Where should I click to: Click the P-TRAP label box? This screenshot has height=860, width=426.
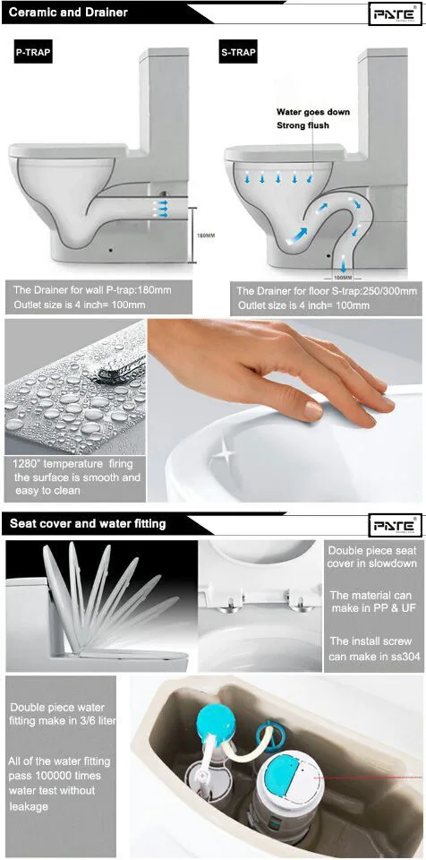click(33, 53)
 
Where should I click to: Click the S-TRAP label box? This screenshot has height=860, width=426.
click(237, 53)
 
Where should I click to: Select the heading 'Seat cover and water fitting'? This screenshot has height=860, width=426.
click(88, 523)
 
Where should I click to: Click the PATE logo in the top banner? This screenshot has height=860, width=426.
click(395, 14)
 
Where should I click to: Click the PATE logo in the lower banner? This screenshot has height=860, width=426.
click(395, 525)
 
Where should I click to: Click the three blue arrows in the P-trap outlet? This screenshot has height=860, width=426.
click(164, 208)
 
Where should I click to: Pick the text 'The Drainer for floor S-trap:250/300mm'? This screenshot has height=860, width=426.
click(325, 291)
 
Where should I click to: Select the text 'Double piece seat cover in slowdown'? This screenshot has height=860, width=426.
click(371, 557)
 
